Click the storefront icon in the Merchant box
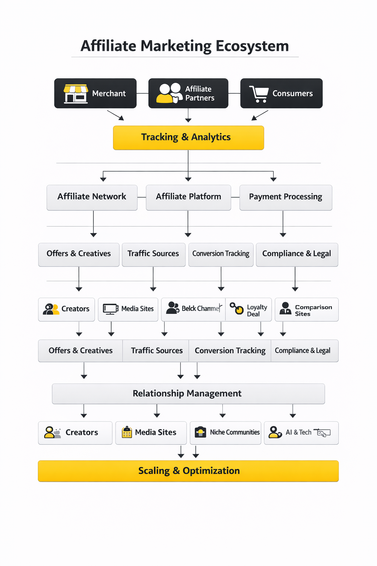coord(76,94)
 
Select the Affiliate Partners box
coord(188,93)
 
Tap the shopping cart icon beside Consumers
coord(259,94)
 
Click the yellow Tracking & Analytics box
coord(188,137)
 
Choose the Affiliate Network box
coord(92,197)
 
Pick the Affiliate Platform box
coord(188,197)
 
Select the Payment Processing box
coord(285,197)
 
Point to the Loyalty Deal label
coord(257,310)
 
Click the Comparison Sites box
coord(306,310)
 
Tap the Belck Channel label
coord(201,308)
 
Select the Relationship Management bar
coord(188,394)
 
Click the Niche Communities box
coord(225,433)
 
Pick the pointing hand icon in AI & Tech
coord(323,433)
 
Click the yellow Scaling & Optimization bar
coord(188,471)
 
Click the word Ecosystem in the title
coord(252,46)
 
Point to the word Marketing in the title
coord(176,46)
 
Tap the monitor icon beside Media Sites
coord(110,309)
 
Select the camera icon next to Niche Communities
coord(200,432)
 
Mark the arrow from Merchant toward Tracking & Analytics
coord(116,115)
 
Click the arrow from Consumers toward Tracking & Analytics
coord(260,115)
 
